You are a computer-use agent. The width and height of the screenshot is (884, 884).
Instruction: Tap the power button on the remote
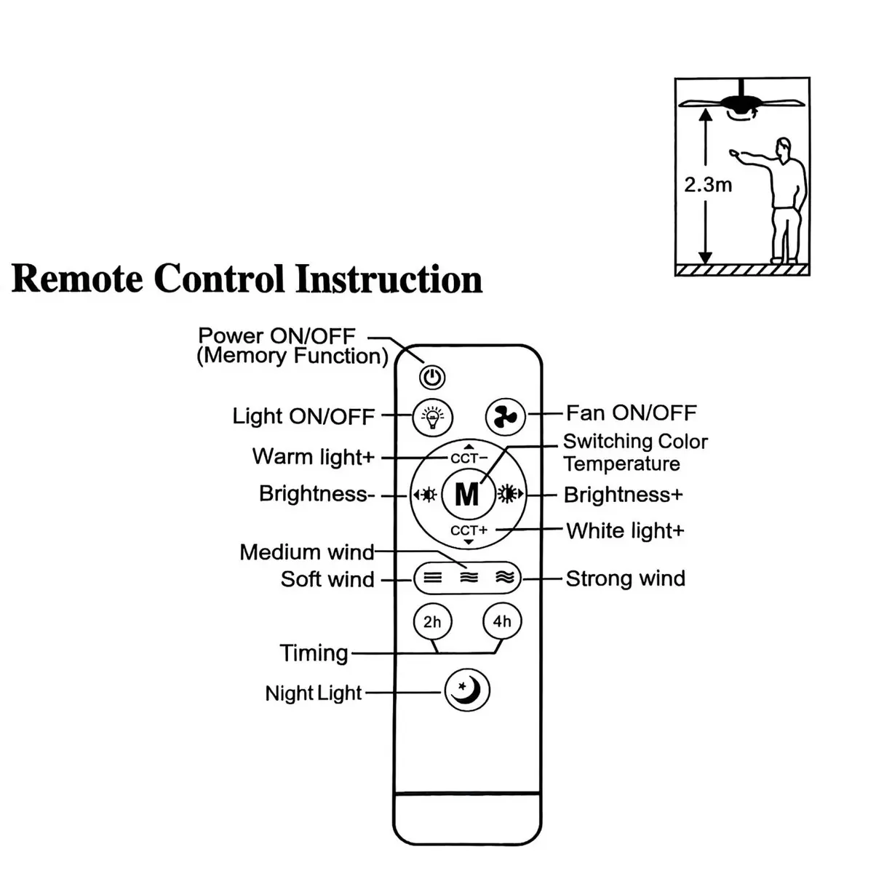coord(432,377)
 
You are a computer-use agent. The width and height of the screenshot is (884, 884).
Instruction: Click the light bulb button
coord(432,417)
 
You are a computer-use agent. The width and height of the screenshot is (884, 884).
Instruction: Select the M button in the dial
coord(467,495)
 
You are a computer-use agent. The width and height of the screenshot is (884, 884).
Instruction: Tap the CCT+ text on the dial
coord(469,530)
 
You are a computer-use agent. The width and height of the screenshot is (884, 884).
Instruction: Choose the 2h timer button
coord(432,622)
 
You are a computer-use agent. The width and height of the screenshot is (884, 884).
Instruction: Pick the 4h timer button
coord(502,622)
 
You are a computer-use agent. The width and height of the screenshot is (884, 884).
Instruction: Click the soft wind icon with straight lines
coord(433,578)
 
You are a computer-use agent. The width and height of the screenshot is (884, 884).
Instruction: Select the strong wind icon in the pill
coord(504,578)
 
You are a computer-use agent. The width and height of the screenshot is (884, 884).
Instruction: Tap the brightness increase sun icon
coord(509,495)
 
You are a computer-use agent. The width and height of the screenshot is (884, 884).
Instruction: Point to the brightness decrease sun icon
coord(426,495)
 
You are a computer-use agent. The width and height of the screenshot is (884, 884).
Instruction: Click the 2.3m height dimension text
coord(707,185)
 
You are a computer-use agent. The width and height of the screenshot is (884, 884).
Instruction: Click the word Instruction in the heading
coord(389,279)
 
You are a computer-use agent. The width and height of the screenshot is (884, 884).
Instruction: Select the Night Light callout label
coord(313,693)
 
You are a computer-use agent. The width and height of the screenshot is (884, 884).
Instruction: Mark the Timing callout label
coord(314,653)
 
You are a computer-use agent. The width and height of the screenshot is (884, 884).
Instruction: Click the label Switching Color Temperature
coord(634,453)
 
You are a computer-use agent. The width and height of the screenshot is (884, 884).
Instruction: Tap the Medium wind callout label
coord(306,552)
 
